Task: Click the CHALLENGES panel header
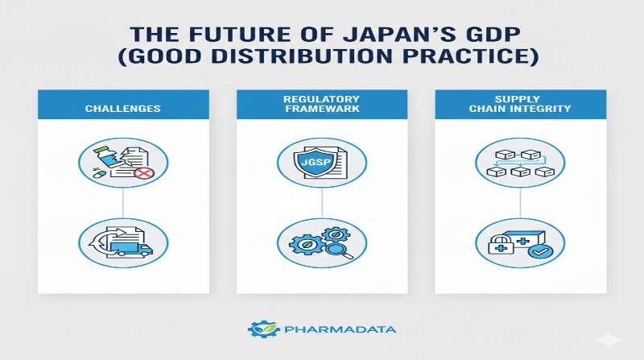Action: pos(123,108)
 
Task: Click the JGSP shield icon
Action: pos(316,163)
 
